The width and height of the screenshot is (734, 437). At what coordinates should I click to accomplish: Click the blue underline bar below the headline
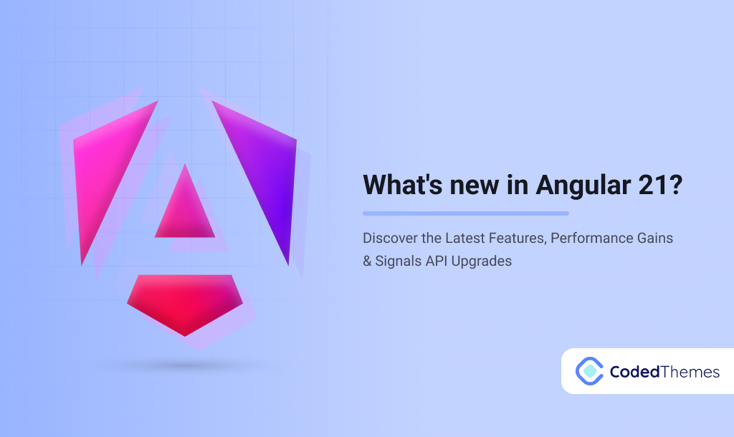click(x=466, y=213)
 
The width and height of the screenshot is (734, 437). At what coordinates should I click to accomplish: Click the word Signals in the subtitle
click(x=399, y=261)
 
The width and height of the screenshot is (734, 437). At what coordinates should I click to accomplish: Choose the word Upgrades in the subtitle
click(x=484, y=261)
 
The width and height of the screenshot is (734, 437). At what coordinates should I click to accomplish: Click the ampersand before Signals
click(x=367, y=261)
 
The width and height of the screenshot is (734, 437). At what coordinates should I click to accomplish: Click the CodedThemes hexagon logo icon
click(x=589, y=370)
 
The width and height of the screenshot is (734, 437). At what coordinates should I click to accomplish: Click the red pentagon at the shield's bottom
click(x=185, y=301)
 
